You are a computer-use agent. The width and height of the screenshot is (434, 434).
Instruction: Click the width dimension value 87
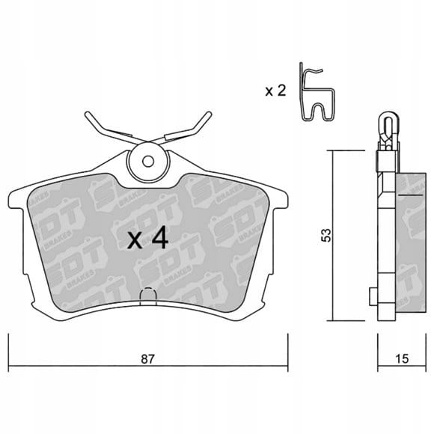pos(147,359)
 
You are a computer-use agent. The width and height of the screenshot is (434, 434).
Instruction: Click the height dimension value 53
pos(326,235)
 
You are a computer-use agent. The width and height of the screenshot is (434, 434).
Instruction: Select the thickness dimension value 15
pos(402,358)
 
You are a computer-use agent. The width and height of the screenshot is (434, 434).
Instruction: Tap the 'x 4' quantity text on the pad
pos(147,237)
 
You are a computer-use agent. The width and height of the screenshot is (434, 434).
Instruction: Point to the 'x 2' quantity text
pos(275,91)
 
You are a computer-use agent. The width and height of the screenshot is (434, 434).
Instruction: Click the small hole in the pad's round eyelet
pos(148,161)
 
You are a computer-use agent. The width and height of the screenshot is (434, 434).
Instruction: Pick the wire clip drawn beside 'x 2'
pos(317,93)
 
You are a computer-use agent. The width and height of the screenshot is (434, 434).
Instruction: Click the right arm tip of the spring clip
pos(210,114)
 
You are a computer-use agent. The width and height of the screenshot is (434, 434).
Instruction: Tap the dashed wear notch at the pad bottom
pos(148,296)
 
